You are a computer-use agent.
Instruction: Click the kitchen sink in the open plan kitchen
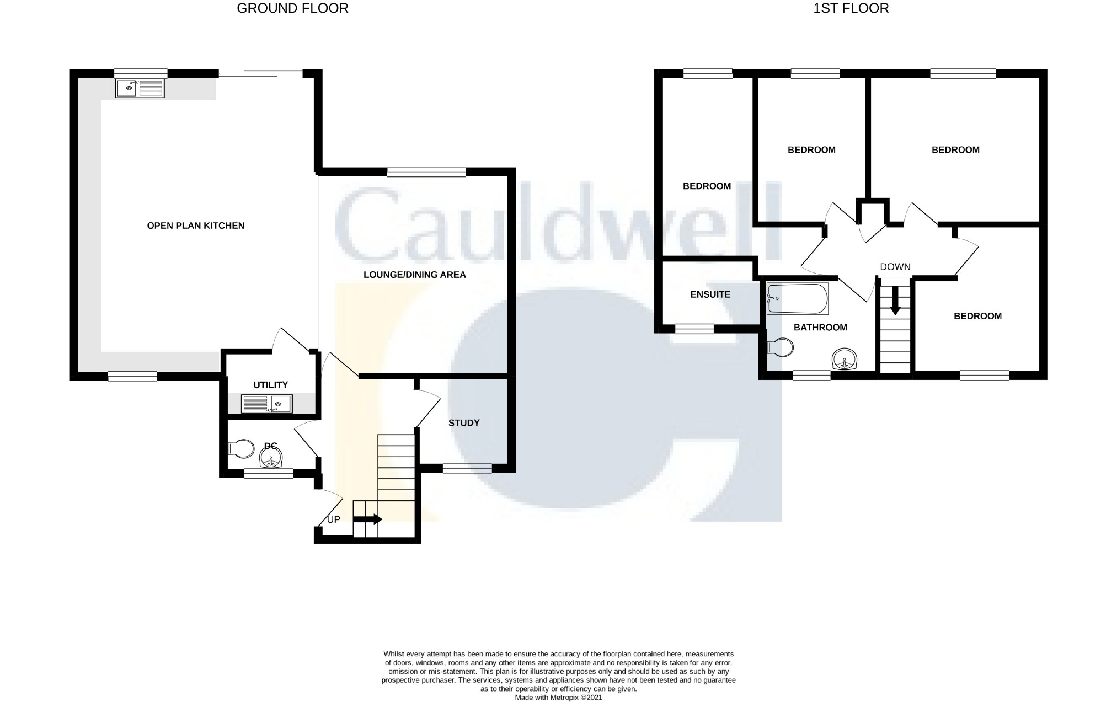point(140,88)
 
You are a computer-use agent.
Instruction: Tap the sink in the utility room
point(267,404)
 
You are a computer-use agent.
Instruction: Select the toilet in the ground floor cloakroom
point(240,448)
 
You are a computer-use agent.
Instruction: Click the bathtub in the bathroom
point(798,298)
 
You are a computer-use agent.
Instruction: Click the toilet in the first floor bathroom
point(780,347)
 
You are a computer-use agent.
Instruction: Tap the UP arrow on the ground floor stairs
point(367,519)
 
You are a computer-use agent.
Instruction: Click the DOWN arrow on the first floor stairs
point(895,303)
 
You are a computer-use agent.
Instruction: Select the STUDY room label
point(463,423)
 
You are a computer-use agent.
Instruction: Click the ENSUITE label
point(710,294)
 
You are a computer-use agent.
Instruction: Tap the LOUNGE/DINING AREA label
point(414,275)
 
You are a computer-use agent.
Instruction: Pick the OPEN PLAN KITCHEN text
point(195,226)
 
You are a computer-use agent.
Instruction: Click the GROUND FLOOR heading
point(292,8)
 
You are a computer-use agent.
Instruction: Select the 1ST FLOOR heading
point(851,8)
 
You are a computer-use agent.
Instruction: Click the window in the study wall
point(467,468)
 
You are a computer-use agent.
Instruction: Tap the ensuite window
point(694,329)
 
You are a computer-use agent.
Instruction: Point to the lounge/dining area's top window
point(426,172)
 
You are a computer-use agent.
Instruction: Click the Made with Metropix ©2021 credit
point(558,698)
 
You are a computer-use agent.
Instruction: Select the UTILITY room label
point(270,385)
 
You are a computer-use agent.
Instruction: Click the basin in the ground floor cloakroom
point(271,457)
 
